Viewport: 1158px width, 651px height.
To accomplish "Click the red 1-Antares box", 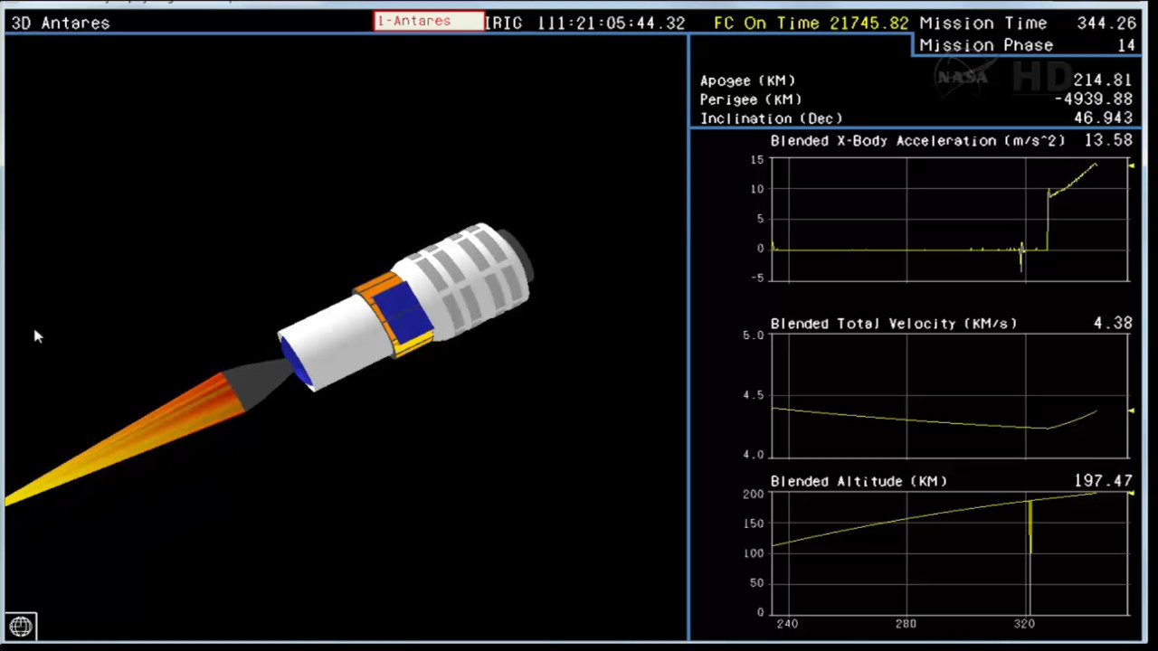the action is [429, 21].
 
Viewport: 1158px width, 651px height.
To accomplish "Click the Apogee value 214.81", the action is [1103, 80].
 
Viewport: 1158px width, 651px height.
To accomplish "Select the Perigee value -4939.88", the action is [1094, 99].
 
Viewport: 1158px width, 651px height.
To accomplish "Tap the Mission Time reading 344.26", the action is [1106, 24].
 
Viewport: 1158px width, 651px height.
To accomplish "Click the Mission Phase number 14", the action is [1127, 45].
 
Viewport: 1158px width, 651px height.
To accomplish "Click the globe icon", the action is [21, 627].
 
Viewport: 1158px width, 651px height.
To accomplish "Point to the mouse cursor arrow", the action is [38, 336].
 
